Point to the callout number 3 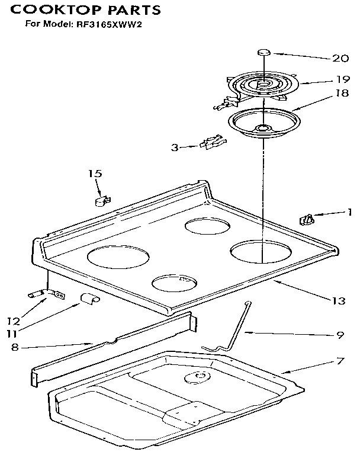[x=175, y=148]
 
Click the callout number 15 [x=95, y=174]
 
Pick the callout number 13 [x=337, y=301]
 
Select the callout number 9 [x=340, y=335]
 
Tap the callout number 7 [x=340, y=360]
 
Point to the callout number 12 [x=13, y=322]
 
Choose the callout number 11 [x=13, y=333]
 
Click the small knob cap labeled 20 [x=264, y=53]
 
